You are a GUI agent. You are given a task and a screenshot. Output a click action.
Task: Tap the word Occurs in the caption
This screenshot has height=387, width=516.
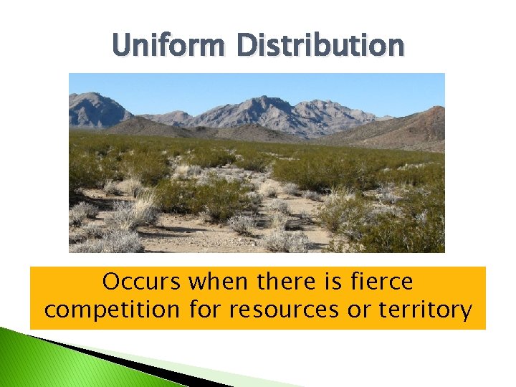142,282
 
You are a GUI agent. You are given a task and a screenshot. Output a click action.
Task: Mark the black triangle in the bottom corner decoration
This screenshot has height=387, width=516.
143,362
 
